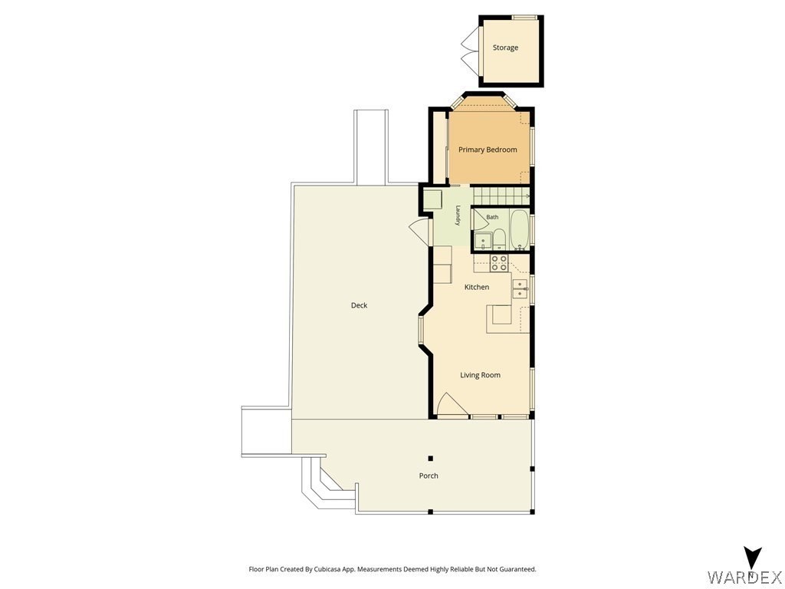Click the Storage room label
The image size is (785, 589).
[x=505, y=48]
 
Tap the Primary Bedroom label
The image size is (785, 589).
[x=488, y=150]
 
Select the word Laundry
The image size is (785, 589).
[x=458, y=216]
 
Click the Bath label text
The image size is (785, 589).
[x=492, y=217]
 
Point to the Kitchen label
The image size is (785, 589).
[x=477, y=287]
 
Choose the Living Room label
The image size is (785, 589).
[x=480, y=374]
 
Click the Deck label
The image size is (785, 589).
[x=359, y=305]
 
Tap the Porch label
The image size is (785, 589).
[x=429, y=475]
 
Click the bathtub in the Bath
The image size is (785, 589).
[x=519, y=229]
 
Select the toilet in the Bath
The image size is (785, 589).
[x=499, y=239]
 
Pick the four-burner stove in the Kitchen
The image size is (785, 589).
[x=499, y=263]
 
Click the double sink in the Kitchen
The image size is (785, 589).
[x=521, y=289]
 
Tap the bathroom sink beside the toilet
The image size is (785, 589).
[x=483, y=241]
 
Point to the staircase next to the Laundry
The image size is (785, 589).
[x=501, y=196]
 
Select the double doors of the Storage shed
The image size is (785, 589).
[x=471, y=48]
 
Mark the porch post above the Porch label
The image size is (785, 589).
[x=430, y=459]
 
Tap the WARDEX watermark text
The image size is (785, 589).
[x=745, y=577]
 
